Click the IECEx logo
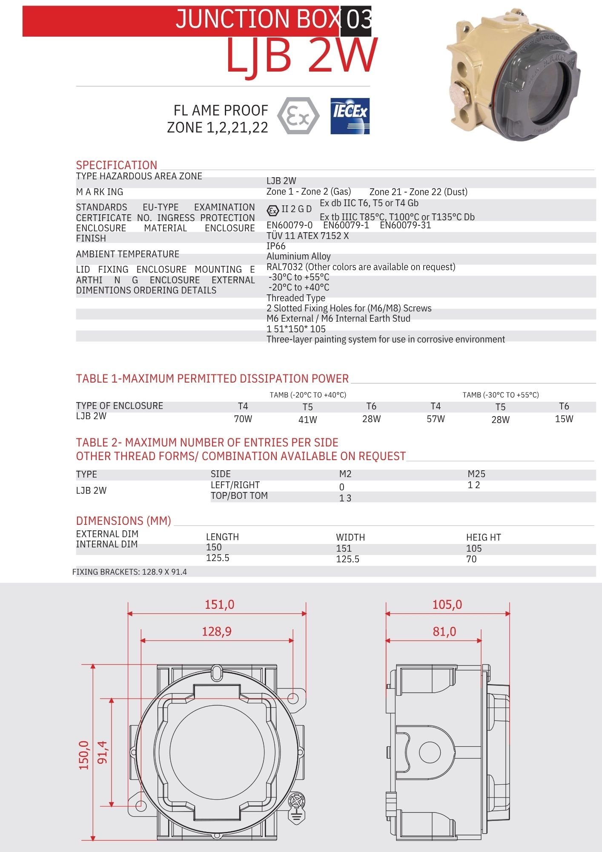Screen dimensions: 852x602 (x=350, y=116)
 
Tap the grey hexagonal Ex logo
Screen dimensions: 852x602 (x=298, y=116)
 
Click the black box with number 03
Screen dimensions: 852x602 (x=356, y=20)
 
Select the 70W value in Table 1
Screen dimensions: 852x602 (x=243, y=419)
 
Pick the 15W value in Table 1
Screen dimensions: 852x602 (x=564, y=419)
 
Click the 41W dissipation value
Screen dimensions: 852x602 (x=307, y=420)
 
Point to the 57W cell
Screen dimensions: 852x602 (x=436, y=419)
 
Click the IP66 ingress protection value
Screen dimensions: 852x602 (x=276, y=246)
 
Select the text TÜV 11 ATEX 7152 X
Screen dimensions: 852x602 (x=307, y=236)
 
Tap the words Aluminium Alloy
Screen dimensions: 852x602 (x=298, y=256)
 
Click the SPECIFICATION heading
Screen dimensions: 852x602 (x=116, y=165)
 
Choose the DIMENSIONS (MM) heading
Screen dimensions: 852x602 (x=123, y=521)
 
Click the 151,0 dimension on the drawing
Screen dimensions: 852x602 (x=219, y=604)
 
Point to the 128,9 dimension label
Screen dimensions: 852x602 (x=217, y=631)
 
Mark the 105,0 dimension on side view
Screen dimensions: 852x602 (x=447, y=604)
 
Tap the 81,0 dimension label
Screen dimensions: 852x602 (x=444, y=631)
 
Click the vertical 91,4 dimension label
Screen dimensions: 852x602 (x=103, y=752)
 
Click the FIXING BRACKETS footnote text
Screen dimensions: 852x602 (x=129, y=572)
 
